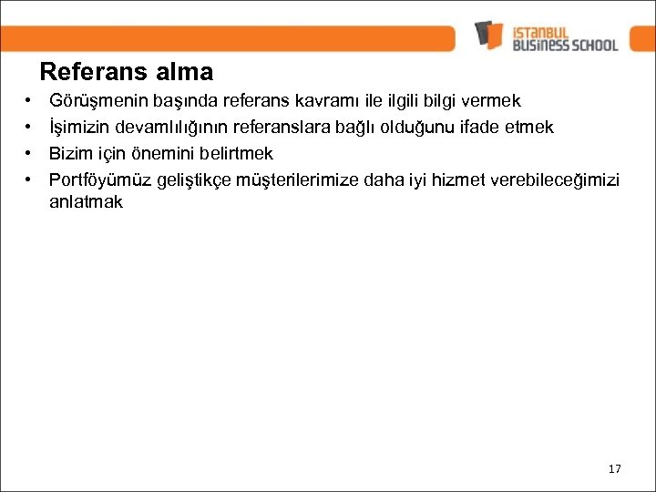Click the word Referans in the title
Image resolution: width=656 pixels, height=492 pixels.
tap(85, 71)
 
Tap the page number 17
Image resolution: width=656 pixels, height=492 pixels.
tap(613, 469)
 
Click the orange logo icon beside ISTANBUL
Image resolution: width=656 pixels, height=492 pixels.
tap(488, 36)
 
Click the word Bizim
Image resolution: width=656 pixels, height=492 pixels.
tap(69, 152)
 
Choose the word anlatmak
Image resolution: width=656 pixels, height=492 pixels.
tap(86, 202)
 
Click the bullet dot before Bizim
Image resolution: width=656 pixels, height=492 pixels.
tap(30, 152)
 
